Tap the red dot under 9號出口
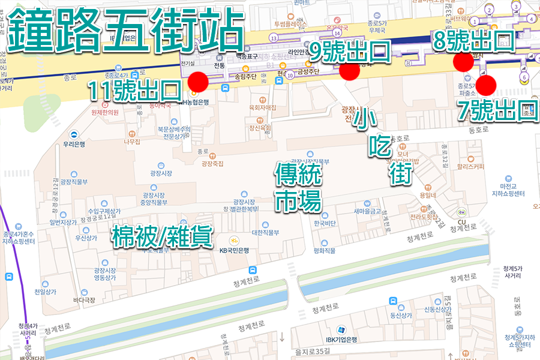pos(349,70)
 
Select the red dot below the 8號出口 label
pos(463,61)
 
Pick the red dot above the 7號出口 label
pos(486,85)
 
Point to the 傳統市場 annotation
pos(298,188)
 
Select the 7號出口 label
pos(497,110)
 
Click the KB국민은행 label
pos(233,250)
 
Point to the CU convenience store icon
pos(461,212)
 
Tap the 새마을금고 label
pos(367,211)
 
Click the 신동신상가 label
pos(437,310)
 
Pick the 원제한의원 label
pos(105,112)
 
